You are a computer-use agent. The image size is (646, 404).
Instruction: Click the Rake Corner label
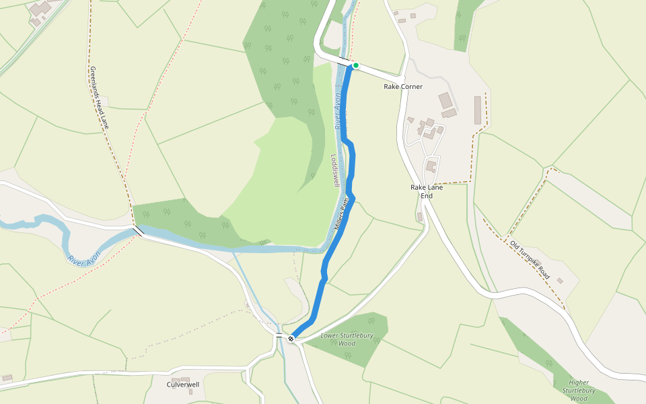[403, 87]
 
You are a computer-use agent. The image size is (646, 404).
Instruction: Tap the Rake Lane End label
[427, 191]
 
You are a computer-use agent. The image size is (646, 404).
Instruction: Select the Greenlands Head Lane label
[100, 98]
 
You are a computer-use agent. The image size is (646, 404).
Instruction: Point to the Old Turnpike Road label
[530, 261]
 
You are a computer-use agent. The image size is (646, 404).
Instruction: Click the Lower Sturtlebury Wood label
[338, 339]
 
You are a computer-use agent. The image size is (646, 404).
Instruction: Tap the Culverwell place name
[183, 385]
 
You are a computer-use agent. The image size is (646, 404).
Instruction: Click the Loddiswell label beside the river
[334, 170]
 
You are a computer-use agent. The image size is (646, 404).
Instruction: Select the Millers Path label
[343, 213]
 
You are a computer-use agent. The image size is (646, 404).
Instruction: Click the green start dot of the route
[355, 65]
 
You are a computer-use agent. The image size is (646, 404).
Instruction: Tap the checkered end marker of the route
[291, 339]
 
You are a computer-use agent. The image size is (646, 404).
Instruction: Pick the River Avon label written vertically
[339, 112]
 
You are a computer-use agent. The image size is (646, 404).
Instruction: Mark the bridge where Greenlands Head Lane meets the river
[138, 231]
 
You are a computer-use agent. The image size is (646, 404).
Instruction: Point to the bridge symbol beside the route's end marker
[279, 335]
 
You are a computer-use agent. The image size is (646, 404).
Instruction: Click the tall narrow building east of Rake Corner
[478, 110]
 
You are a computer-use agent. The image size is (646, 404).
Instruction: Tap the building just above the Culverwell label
[185, 379]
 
